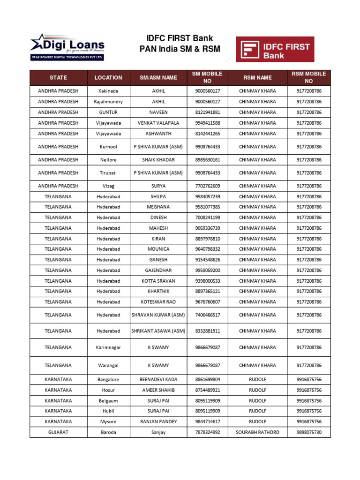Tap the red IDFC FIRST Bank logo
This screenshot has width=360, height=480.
pyautogui.click(x=275, y=49)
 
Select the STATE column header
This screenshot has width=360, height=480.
pyautogui.click(x=58, y=77)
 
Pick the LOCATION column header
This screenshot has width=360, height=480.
pyautogui.click(x=108, y=77)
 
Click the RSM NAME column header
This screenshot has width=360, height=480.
pyautogui.click(x=257, y=77)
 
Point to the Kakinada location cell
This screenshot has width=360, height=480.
pyautogui.click(x=108, y=91)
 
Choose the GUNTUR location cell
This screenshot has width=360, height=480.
pyautogui.click(x=108, y=112)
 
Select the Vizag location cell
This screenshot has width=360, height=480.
pyautogui.click(x=108, y=186)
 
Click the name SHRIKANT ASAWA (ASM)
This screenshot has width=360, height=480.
pyautogui.click(x=158, y=331)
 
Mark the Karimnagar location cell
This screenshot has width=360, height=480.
pyautogui.click(x=108, y=348)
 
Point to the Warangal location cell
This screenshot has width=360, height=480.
pyautogui.click(x=108, y=365)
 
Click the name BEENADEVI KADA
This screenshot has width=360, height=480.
pyautogui.click(x=158, y=380)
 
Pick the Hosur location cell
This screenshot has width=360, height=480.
pyautogui.click(x=108, y=390)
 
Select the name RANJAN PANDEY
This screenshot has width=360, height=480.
pyautogui.click(x=158, y=422)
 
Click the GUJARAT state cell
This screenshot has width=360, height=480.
pyautogui.click(x=58, y=432)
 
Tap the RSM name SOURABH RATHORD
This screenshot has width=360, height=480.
pyautogui.click(x=257, y=432)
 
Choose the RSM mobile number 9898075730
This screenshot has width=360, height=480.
pyautogui.click(x=309, y=432)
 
